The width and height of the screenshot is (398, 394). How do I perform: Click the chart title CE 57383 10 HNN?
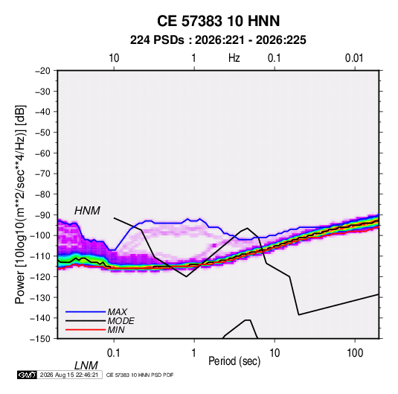[218, 21]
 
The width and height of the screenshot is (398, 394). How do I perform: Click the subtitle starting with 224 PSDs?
[218, 40]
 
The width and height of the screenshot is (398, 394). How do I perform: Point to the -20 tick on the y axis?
[42, 71]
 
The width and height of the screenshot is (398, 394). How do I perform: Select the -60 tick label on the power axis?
[42, 153]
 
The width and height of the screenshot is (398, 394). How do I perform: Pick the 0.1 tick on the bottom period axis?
[114, 353]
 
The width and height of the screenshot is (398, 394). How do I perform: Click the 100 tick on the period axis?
[355, 353]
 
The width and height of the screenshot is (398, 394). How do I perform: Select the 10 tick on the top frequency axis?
[114, 58]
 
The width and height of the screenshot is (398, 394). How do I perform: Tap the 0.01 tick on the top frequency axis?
[354, 58]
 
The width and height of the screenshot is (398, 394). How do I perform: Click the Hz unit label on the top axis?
[234, 58]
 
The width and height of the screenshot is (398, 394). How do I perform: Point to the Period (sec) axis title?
[234, 361]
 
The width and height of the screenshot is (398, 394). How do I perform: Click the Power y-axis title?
[20, 204]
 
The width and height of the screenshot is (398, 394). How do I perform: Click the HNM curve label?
[87, 211]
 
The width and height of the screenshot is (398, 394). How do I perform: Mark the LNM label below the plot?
[86, 366]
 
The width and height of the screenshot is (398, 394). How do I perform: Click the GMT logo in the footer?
[27, 375]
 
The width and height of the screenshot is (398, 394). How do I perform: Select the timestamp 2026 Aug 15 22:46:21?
[69, 375]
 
